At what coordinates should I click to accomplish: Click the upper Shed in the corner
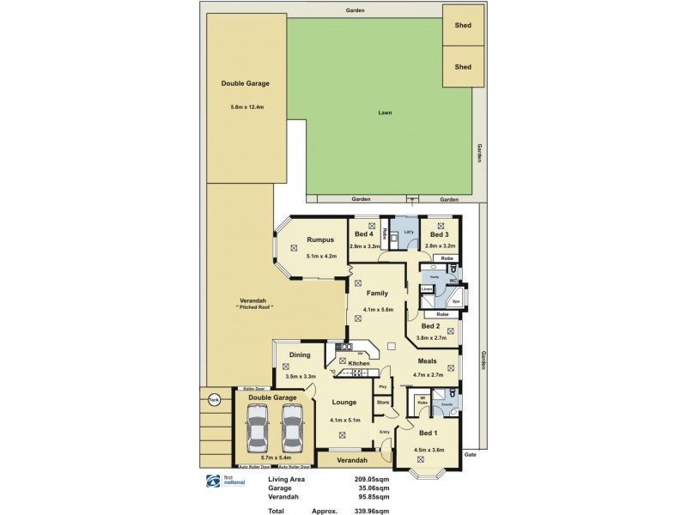pyautogui.click(x=463, y=25)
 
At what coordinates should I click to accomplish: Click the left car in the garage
pyautogui.click(x=257, y=427)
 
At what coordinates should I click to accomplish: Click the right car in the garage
pyautogui.click(x=293, y=427)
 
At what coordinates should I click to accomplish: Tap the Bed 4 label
pyautogui.click(x=364, y=234)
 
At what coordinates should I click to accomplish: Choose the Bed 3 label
pyautogui.click(x=439, y=234)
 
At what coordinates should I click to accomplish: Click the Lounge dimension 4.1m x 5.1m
pyautogui.click(x=345, y=421)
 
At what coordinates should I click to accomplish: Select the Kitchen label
pyautogui.click(x=358, y=364)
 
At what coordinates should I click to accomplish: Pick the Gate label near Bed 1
pyautogui.click(x=470, y=454)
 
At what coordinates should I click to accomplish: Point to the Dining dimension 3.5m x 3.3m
pyautogui.click(x=300, y=376)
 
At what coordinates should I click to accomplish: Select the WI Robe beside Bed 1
pyautogui.click(x=423, y=400)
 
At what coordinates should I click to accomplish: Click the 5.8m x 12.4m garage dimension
pyautogui.click(x=246, y=107)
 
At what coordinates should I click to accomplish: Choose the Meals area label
pyautogui.click(x=427, y=361)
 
